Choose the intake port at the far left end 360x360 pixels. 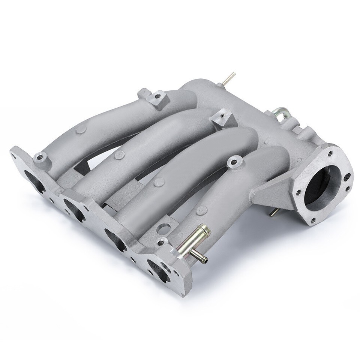(30, 178)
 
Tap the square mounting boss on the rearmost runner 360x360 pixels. (157, 99)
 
